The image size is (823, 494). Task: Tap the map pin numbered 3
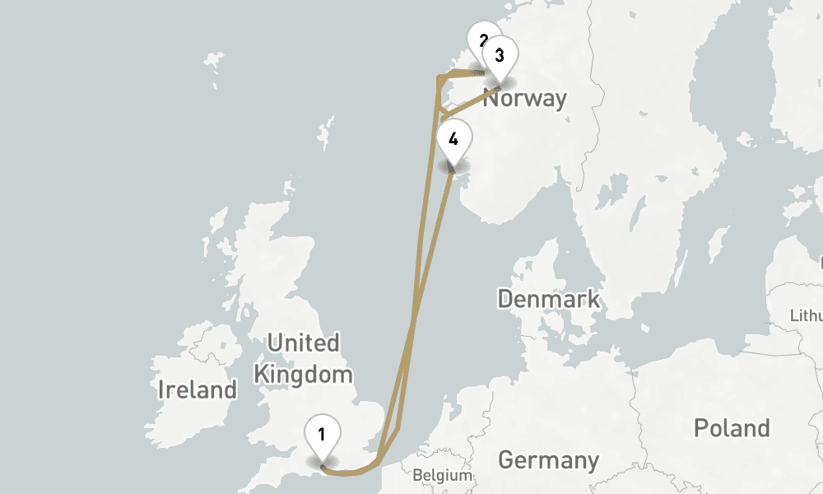(500, 57)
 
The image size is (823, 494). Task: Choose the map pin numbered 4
(453, 139)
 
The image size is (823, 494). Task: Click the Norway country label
(525, 99)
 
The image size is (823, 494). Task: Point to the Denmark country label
(549, 298)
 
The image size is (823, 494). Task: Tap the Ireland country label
(198, 389)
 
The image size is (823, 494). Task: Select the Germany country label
(548, 459)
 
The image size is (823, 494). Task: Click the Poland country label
(732, 428)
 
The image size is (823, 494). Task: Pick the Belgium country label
(443, 475)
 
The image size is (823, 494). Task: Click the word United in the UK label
(304, 343)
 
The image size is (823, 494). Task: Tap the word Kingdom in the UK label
(303, 375)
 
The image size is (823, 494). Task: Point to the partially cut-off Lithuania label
(807, 315)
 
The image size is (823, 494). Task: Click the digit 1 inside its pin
(323, 432)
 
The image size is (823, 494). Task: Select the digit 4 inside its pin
(453, 137)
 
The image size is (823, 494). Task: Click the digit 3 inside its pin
(500, 55)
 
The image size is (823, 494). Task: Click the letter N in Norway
(491, 99)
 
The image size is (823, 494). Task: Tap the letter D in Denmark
(505, 298)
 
